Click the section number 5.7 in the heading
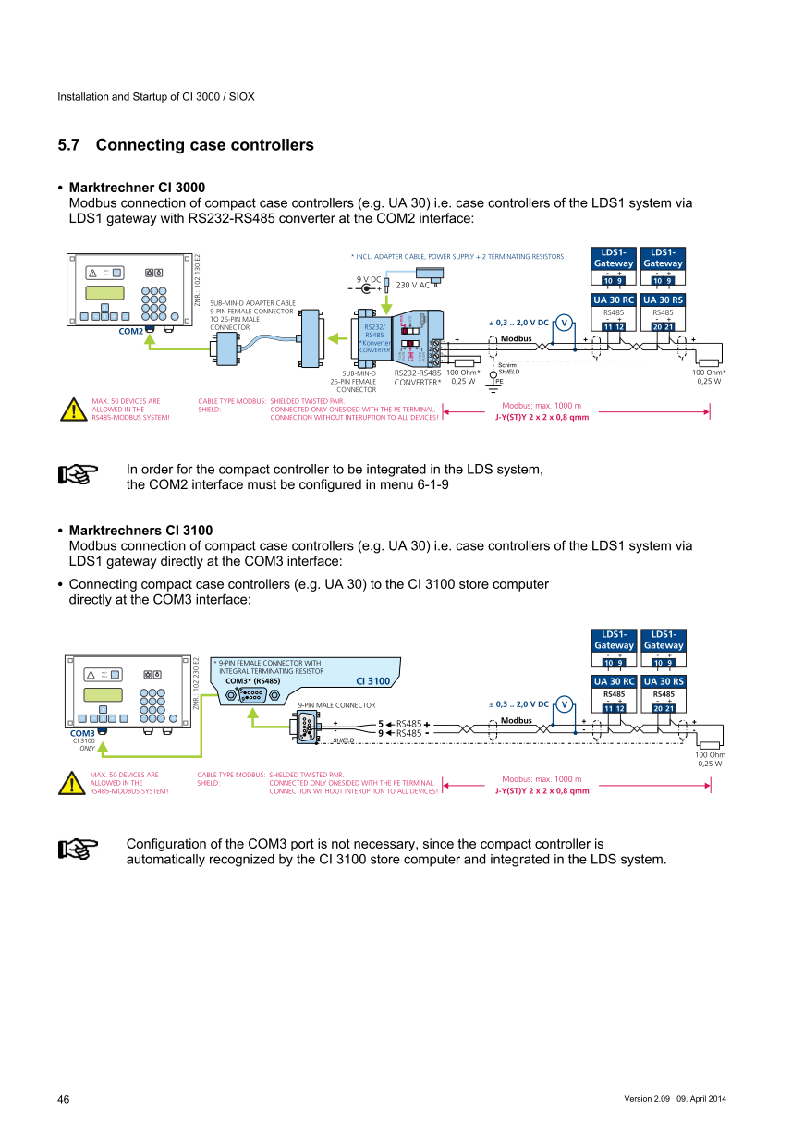point(69,145)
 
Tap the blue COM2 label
point(130,330)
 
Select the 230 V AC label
point(413,286)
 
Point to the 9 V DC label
point(369,278)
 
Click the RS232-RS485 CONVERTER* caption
point(418,376)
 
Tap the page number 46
point(64,1099)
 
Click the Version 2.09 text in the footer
point(648,1098)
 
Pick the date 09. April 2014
point(701,1098)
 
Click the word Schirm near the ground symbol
point(507,365)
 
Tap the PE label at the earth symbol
point(499,381)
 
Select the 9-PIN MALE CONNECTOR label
point(336,705)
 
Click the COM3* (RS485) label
point(252,680)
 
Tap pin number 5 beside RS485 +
point(381,724)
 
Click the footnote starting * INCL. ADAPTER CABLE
point(457,256)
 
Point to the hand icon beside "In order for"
point(79,475)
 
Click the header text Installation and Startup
point(156,96)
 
